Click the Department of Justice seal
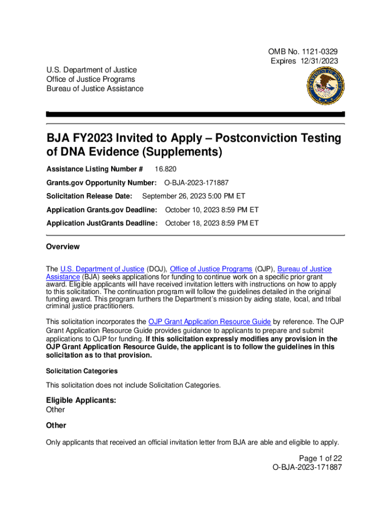coord(319,84)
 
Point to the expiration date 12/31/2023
coord(320,61)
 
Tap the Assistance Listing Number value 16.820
coord(167,169)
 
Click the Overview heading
coord(63,247)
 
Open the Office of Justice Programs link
coord(211,269)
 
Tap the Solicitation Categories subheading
coord(82,371)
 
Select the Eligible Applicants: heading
coord(81,401)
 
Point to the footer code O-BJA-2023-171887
coord(307,467)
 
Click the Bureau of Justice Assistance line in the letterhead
coord(95,89)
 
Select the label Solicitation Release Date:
coord(89,196)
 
